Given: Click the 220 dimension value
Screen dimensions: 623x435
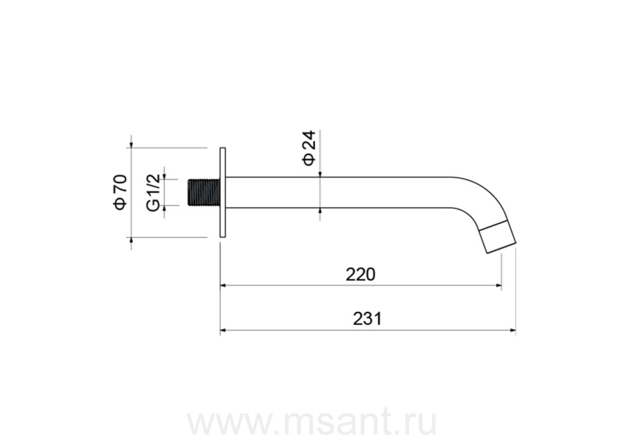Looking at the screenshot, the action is pos(361,275).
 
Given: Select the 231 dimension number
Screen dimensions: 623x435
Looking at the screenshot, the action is pos(367,319).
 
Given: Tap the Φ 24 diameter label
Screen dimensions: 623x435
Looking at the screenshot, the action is pos(309,147).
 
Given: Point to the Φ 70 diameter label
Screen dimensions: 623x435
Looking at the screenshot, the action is pos(120,192).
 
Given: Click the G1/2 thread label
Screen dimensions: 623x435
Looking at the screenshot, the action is pos(154,192).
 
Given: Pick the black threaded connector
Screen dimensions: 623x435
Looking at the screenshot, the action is pos(204,193).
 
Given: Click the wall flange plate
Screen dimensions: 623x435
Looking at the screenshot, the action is pos(223,192).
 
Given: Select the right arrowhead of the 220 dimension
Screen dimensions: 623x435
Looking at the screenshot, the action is pos(498,285).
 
